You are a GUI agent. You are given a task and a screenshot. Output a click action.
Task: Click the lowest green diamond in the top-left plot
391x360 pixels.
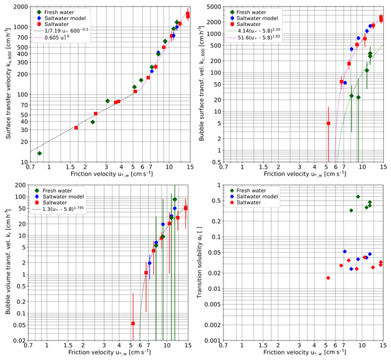pos(39,154)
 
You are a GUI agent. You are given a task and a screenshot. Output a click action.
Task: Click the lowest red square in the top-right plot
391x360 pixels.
pos(328,123)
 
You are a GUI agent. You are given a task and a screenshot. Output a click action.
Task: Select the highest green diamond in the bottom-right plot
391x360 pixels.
pos(358,197)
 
